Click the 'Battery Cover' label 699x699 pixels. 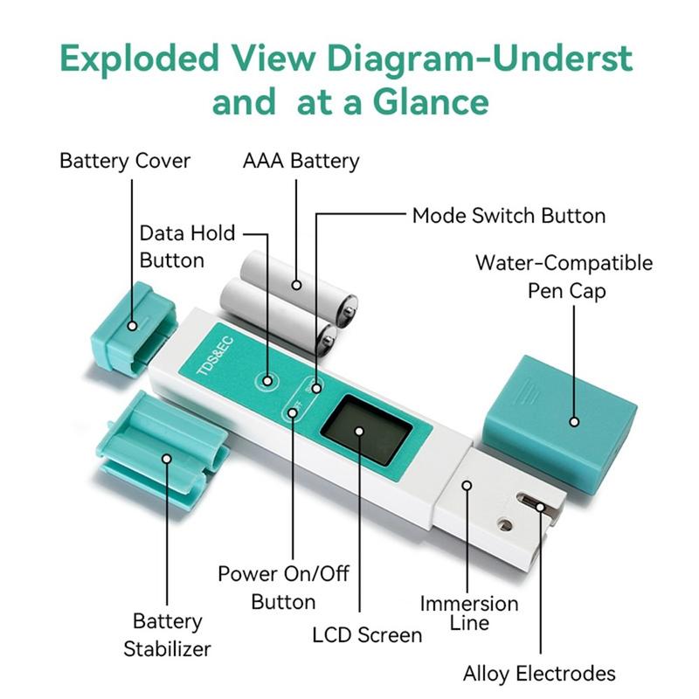[124, 161]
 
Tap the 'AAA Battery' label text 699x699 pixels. [300, 161]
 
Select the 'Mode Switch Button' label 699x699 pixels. [509, 215]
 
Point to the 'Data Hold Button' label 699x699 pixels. [187, 246]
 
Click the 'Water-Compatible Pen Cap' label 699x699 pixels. [564, 275]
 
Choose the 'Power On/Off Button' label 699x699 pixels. [283, 587]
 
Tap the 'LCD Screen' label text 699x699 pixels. [367, 634]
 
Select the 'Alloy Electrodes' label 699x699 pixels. [539, 673]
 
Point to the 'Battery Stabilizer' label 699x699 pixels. [167, 635]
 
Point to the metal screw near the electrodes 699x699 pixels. [504, 525]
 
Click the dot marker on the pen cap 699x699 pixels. [574, 421]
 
